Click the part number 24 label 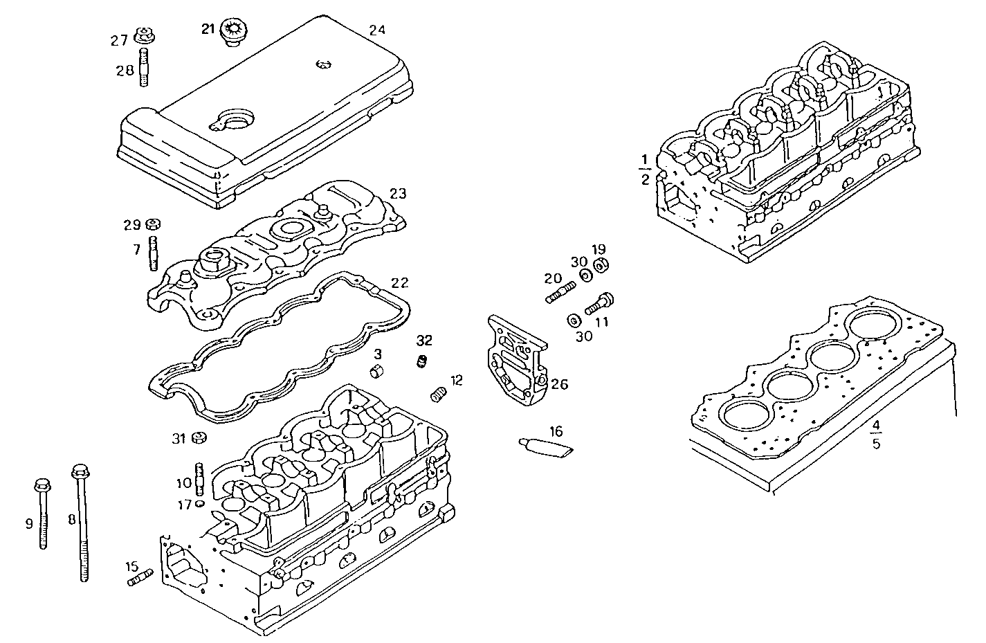(377, 30)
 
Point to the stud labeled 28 (145, 67)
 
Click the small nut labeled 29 (154, 224)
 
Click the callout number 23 (397, 193)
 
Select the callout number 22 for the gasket (399, 283)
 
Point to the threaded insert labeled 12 (437, 394)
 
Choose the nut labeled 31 (199, 437)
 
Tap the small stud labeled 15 (140, 577)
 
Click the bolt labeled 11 (599, 303)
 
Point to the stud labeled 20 (560, 292)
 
